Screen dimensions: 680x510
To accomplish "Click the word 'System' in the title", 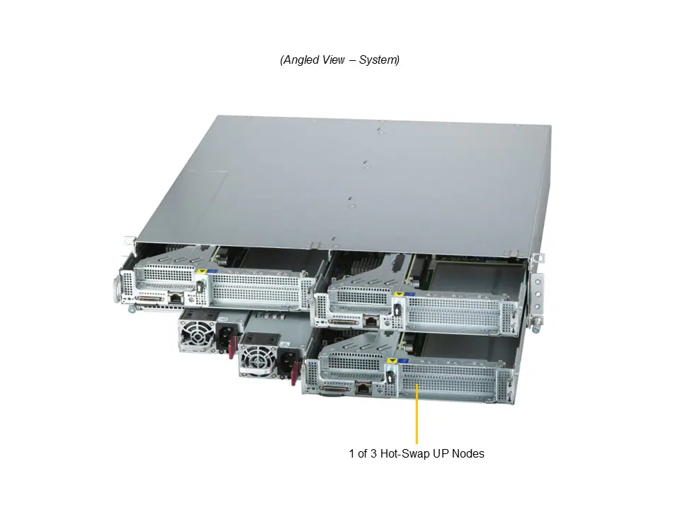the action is tap(378, 59).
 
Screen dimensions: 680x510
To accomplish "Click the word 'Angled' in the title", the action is tap(299, 59).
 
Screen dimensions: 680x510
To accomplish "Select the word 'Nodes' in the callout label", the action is tap(468, 453).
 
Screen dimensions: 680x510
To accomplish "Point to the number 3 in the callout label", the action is tap(373, 453).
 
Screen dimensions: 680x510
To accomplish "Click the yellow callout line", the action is tap(416, 414).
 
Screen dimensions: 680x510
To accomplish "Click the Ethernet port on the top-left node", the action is tap(176, 297).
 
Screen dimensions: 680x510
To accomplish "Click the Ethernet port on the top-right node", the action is tap(371, 322).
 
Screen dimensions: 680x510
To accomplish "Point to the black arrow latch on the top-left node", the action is tap(200, 286).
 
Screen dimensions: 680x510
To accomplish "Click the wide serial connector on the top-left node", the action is tap(149, 298).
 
